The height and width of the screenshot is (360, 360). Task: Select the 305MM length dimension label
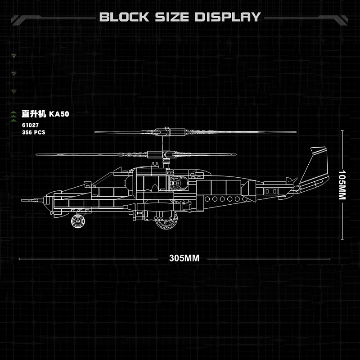tap(184, 258)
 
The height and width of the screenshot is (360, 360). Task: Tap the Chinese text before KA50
tap(34, 114)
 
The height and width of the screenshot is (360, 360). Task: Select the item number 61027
tap(30, 125)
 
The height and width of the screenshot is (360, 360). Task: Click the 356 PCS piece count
tap(33, 132)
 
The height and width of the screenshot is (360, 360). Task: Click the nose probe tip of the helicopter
tap(22, 198)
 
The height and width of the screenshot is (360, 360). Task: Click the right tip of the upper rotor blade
tap(295, 132)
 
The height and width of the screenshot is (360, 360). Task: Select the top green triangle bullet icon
tap(13, 55)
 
